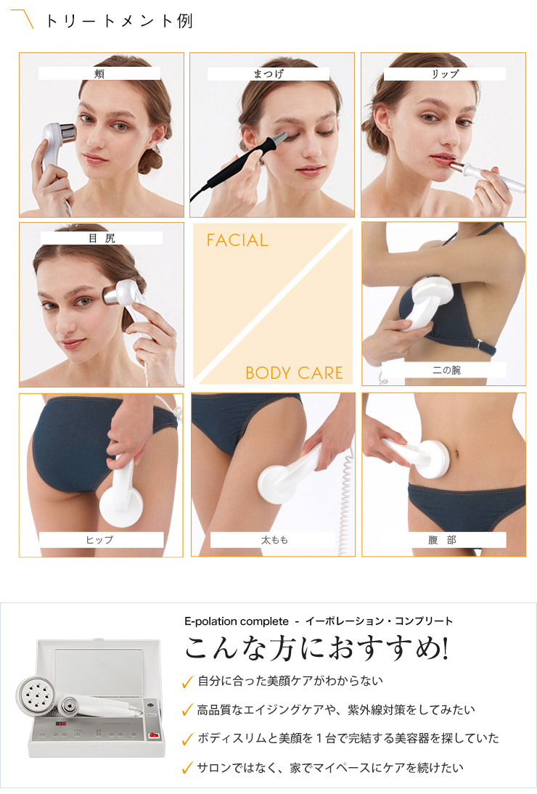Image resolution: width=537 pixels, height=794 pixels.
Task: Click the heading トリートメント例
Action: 119,20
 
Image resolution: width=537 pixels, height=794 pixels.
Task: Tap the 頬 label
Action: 99,73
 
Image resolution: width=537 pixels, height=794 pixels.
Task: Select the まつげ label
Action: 268,73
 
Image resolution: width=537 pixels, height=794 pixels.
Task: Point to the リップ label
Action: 444,73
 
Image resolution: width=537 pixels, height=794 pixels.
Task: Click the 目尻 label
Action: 101,237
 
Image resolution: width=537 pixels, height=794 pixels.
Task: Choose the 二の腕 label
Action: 444,370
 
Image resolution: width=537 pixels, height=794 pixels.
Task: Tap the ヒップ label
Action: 100,540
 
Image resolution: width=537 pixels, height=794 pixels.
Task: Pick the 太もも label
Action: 273,540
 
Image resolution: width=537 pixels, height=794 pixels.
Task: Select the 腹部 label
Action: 443,540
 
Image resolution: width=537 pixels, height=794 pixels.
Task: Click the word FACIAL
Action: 237,240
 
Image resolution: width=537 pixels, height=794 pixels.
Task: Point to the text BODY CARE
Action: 294,373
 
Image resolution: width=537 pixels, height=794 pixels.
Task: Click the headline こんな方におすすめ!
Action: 316,647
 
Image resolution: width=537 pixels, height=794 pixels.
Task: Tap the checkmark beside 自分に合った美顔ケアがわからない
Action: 187,682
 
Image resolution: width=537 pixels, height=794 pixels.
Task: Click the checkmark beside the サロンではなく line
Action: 187,767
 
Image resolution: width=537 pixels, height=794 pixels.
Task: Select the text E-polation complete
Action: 237,621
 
